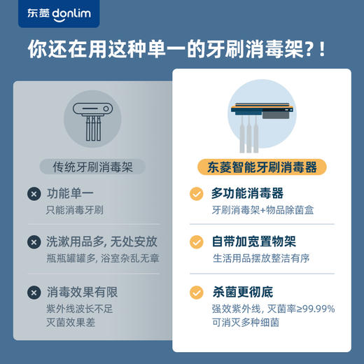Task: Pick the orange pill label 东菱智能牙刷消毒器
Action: tap(262, 167)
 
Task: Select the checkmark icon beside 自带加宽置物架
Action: tap(197, 242)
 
